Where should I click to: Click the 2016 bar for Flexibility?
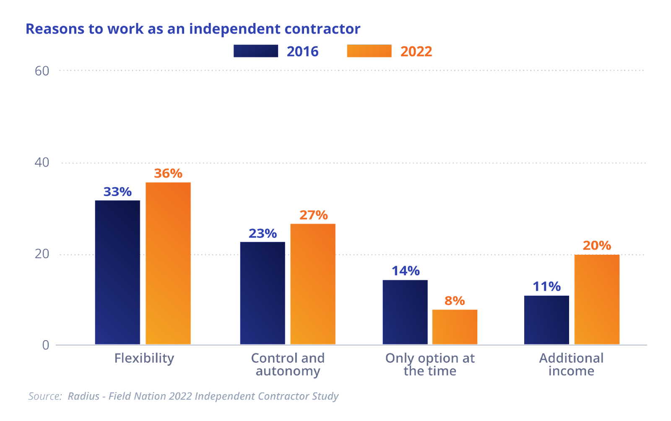117,272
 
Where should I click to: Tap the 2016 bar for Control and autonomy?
263,293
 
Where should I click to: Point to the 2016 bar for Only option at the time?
405,312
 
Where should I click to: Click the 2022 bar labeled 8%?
455,327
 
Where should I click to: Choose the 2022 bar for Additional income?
597,300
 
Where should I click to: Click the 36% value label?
168,173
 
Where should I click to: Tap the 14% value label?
406,271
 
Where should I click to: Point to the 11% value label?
546,287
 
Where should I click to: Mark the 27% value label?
314,215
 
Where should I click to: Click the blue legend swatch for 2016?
256,51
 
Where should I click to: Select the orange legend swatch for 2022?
369,51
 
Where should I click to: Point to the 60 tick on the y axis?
42,71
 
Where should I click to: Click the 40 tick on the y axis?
42,162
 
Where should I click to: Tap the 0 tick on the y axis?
46,345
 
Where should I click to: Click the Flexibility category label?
144,359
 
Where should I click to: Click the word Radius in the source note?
83,396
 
